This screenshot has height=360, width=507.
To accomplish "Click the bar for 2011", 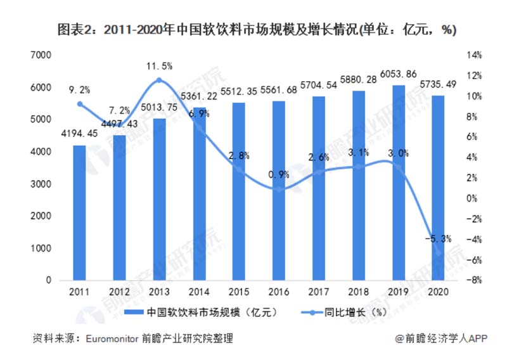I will click(x=79, y=212).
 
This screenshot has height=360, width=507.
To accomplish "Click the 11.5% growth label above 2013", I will click(x=160, y=66).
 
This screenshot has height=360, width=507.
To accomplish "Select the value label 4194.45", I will click(x=79, y=134).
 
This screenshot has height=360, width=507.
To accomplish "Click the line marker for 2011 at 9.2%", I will click(x=79, y=104).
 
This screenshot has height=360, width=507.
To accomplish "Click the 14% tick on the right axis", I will click(x=473, y=56).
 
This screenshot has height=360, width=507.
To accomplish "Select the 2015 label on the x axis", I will click(x=239, y=292).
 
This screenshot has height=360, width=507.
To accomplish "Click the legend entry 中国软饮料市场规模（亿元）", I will click(x=202, y=312).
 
